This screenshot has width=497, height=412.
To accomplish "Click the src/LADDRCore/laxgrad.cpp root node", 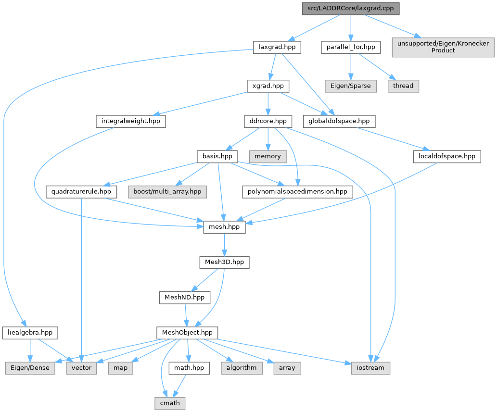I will click(x=351, y=9).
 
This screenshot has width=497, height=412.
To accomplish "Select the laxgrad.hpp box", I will click(x=277, y=47).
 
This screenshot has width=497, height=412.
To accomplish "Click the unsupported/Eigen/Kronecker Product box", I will click(x=443, y=47).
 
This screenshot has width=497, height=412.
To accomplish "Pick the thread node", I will click(x=403, y=86).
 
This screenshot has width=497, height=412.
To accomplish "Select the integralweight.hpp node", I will click(x=131, y=121).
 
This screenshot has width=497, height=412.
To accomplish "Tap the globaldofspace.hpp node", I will click(x=340, y=121).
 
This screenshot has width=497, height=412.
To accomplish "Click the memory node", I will click(x=268, y=156).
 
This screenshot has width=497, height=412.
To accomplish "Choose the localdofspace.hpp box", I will click(x=446, y=156).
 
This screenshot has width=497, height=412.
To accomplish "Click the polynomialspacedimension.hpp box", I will click(x=296, y=191).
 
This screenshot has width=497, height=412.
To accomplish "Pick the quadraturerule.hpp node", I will click(x=81, y=191).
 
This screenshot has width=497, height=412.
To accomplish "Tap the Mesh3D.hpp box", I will click(x=224, y=262).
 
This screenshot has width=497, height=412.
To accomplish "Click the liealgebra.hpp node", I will click(x=30, y=333).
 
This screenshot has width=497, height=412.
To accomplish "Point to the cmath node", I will click(x=170, y=403).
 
